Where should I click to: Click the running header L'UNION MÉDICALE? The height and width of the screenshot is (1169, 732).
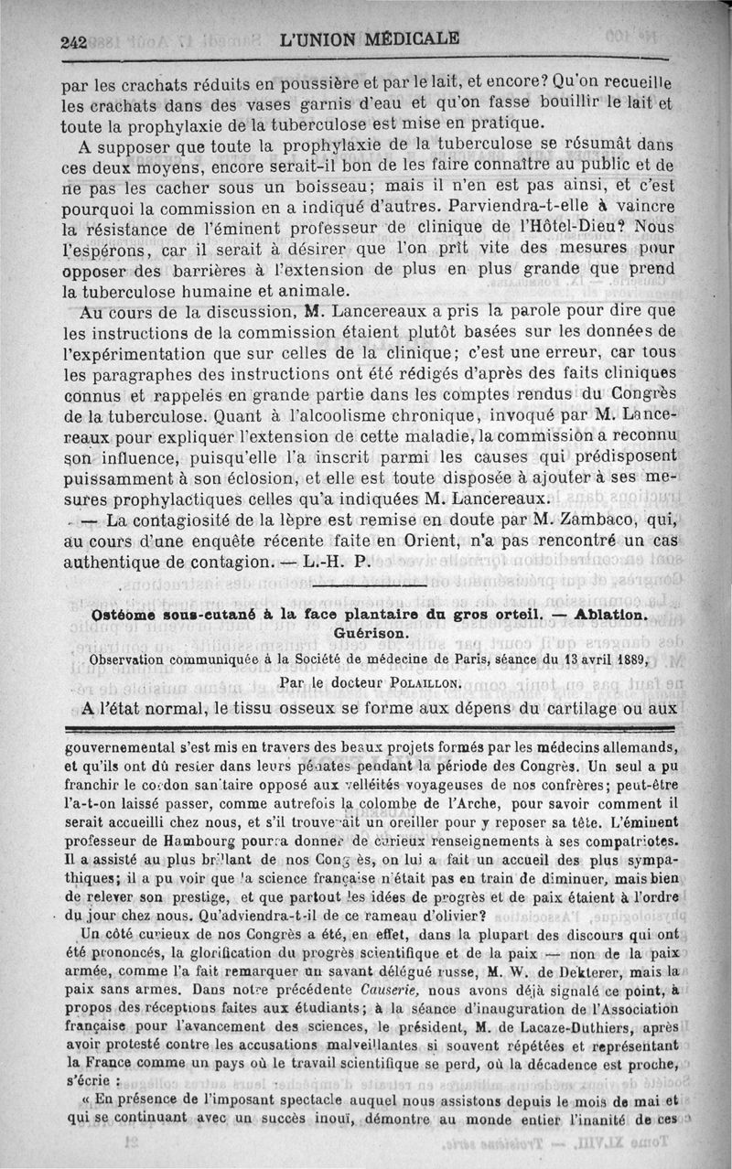(x=370, y=39)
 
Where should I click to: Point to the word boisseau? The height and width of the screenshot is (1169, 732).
(x=310, y=187)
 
